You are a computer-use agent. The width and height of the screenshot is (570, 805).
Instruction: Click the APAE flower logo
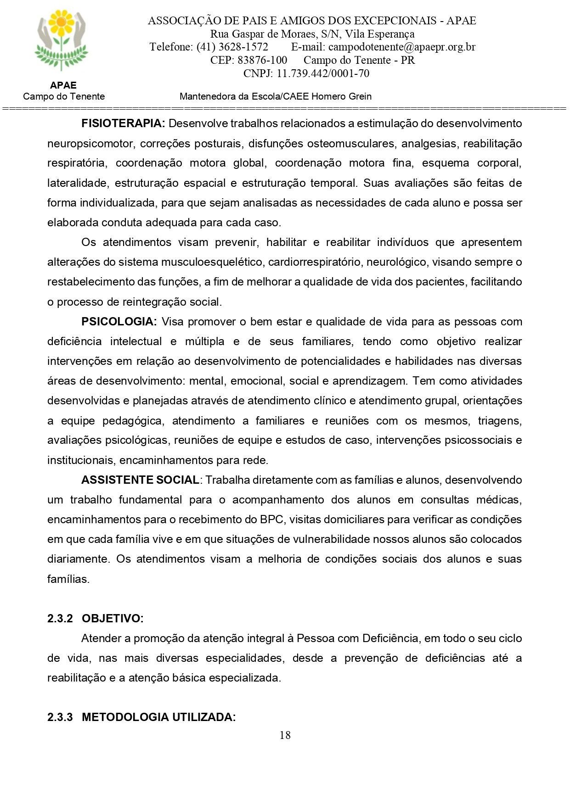(61, 40)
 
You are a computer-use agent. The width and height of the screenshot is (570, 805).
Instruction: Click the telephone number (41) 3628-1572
(232, 47)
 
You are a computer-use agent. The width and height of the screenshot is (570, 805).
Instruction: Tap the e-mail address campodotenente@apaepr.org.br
(401, 47)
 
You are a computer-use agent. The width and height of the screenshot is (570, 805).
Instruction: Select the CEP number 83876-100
(262, 60)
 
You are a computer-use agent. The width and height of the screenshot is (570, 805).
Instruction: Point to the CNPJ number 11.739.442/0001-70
(322, 73)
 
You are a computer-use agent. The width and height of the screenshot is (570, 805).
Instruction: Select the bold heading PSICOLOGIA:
(119, 322)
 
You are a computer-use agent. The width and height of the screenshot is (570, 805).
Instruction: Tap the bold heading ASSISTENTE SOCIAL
(140, 480)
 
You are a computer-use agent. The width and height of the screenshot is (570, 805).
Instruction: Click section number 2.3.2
(60, 619)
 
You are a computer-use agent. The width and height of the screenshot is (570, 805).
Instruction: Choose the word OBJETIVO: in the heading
(113, 619)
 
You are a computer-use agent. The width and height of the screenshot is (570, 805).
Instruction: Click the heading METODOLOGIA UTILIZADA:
(158, 717)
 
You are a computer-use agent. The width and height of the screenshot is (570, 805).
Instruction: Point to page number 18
(285, 735)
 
